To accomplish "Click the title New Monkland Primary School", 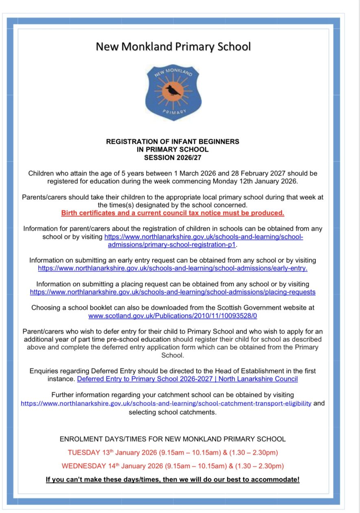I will tap(173, 46).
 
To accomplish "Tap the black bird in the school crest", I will tap(173, 90).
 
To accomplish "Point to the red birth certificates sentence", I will tap(173, 213).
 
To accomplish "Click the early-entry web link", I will tap(173, 268).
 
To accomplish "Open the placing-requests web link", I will tap(173, 292).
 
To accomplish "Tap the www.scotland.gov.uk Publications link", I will tap(173, 316).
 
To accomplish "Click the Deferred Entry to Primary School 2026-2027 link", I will tap(187, 379).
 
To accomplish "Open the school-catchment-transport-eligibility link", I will tap(166, 403).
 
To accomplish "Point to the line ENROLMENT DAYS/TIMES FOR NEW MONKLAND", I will tap(173, 439).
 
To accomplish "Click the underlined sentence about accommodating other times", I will tap(173, 479).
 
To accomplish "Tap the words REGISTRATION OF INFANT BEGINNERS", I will tap(173, 142).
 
